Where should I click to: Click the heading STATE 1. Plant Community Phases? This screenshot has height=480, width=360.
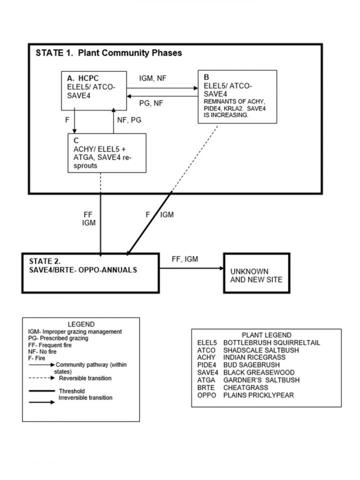108,53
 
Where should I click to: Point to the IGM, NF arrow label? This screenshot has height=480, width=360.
153,78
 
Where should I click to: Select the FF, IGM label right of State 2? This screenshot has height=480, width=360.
185,259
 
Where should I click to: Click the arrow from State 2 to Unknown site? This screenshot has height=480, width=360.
191,269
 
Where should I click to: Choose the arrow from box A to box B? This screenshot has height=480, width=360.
162,88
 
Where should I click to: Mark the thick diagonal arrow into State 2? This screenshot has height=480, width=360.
148,223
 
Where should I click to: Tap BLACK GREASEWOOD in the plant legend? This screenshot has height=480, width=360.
259,372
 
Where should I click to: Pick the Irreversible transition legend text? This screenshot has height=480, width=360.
86,398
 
